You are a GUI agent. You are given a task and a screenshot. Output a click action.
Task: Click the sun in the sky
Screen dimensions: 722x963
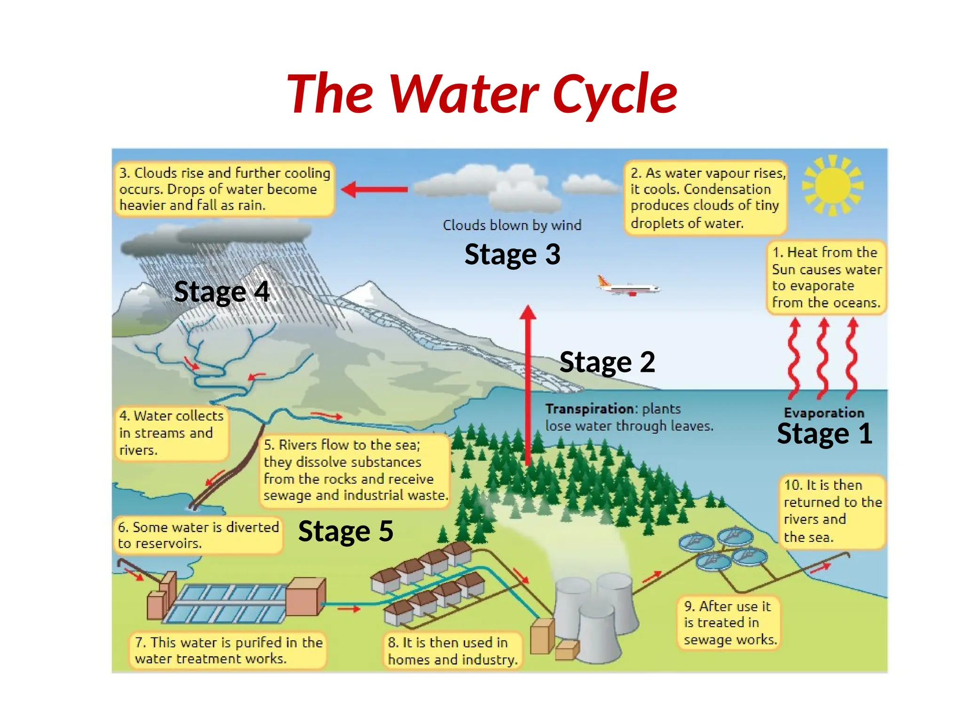tap(833, 185)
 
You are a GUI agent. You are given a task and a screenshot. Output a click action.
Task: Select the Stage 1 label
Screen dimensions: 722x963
tap(825, 433)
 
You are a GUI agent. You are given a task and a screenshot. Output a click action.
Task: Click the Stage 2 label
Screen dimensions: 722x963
tap(607, 362)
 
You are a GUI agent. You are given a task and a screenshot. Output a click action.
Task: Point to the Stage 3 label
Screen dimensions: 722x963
tap(512, 254)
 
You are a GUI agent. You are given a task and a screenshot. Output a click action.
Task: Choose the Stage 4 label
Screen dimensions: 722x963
tap(221, 291)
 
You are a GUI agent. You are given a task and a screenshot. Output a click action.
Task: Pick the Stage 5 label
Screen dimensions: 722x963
tap(346, 531)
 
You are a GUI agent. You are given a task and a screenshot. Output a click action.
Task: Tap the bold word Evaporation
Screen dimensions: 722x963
tap(824, 413)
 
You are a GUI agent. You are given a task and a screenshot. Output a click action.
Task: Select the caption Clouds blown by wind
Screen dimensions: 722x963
tap(512, 225)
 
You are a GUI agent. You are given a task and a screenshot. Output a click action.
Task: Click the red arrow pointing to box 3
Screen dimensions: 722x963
tap(374, 189)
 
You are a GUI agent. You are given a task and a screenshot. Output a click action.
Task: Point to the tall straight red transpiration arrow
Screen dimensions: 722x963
tap(528, 385)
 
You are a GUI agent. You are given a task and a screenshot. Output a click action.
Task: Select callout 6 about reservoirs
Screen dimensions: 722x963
tap(198, 535)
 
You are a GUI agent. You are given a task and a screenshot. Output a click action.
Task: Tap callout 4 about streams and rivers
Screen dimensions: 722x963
tap(171, 433)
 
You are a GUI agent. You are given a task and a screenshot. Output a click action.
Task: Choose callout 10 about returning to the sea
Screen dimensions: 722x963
tap(832, 511)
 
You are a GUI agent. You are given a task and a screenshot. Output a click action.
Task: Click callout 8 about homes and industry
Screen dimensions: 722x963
tap(452, 651)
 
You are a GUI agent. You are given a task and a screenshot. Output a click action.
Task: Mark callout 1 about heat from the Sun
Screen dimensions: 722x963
tap(826, 277)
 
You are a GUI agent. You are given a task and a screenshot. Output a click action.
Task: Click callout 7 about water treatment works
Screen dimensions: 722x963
tap(228, 651)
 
